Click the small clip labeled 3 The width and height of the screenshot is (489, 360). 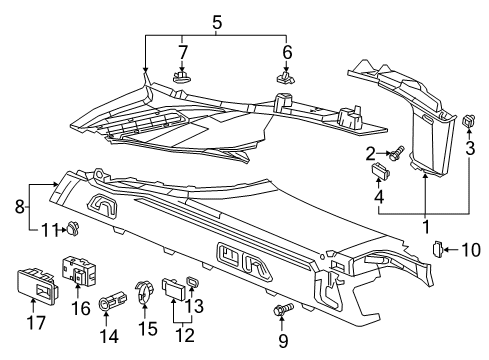[469, 122]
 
